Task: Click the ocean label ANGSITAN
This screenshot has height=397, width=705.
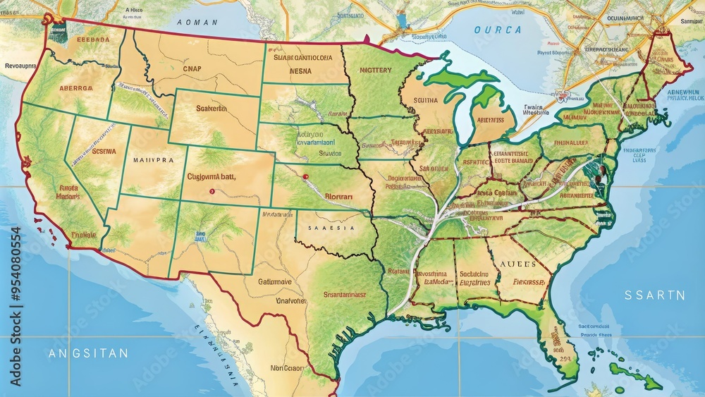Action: click(x=89, y=353)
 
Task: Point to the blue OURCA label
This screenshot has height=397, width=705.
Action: click(x=498, y=30)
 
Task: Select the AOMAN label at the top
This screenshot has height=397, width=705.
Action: click(x=197, y=23)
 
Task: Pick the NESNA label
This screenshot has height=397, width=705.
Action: click(x=302, y=71)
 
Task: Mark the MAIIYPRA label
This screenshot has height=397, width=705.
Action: click(x=152, y=160)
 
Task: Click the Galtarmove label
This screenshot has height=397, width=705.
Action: click(x=274, y=281)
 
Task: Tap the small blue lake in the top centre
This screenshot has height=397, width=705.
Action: click(x=403, y=21)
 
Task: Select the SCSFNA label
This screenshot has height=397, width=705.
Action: click(x=104, y=150)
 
